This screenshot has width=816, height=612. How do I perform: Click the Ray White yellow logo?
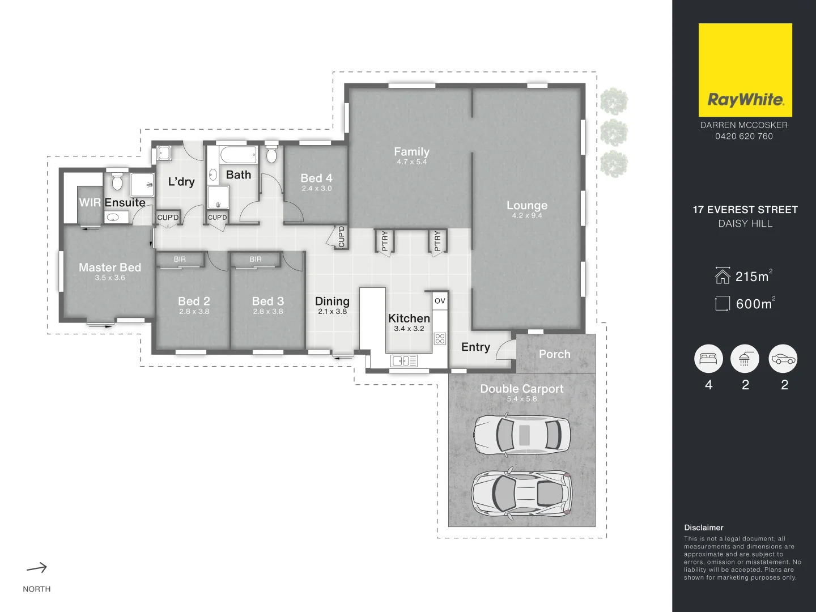coord(745,70)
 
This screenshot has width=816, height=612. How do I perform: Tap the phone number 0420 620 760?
coord(743,136)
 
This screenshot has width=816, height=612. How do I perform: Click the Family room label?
coord(411,151)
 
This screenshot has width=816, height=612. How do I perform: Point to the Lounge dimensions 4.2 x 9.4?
coord(527,216)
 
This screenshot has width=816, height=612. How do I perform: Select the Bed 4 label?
coord(316,178)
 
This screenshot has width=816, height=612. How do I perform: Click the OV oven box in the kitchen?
coord(440,301)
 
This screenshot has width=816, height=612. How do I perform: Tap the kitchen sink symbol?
coord(404,360)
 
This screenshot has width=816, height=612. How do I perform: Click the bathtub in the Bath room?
coord(238,155)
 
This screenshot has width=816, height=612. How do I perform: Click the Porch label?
coord(554,354)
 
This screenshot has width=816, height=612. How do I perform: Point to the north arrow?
coord(37,568)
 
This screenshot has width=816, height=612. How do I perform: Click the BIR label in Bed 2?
coord(180,260)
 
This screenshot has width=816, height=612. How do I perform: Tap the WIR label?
coord(90,202)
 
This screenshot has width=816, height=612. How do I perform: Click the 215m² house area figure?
coord(752,277)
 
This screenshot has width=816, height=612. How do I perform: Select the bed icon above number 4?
coord(708,359)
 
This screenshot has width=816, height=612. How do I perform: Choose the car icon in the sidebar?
coord(783,359)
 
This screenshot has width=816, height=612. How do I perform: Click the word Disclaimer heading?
coord(703,528)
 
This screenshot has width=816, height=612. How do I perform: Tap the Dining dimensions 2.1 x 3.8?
coord(332,312)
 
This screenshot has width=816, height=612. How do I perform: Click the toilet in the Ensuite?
coord(117,182)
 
